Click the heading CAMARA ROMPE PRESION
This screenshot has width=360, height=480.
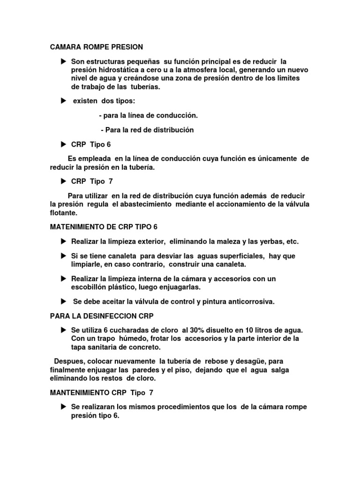96,47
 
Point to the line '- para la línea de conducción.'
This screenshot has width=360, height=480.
149,115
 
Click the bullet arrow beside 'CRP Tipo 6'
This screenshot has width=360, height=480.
63,144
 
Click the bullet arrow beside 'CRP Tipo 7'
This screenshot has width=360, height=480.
63,181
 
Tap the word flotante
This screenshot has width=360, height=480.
64,212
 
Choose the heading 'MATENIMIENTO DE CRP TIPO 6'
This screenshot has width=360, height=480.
104,227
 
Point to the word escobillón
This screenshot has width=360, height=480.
90,287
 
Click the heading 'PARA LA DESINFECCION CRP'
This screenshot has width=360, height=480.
102,316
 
